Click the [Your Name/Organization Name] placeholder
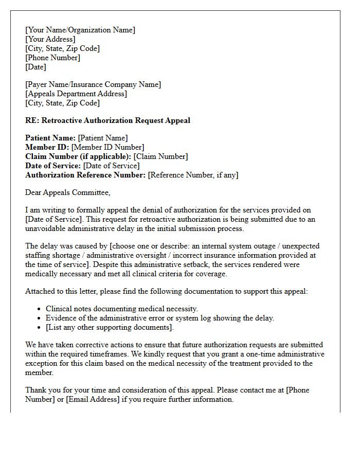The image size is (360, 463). coord(80,30)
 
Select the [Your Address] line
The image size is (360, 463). coord(50,39)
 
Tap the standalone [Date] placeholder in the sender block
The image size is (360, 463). coord(35,67)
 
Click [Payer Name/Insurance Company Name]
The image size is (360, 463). coord(93,84)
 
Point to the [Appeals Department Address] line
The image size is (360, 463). coord(76,94)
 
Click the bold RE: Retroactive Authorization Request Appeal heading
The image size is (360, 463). coord(107,120)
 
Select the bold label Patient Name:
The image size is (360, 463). coord(50,138)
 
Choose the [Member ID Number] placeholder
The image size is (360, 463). coord(107,147)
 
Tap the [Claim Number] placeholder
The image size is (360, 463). coord(160,156)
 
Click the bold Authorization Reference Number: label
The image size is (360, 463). coord(85,175)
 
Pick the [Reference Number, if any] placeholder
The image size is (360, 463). coord(193,175)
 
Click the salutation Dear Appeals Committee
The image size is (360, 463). coord(67,192)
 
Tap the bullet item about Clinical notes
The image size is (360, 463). coord(121,309)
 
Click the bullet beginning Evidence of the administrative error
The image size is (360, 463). coord(160,318)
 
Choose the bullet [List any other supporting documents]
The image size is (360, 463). coord(110,327)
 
